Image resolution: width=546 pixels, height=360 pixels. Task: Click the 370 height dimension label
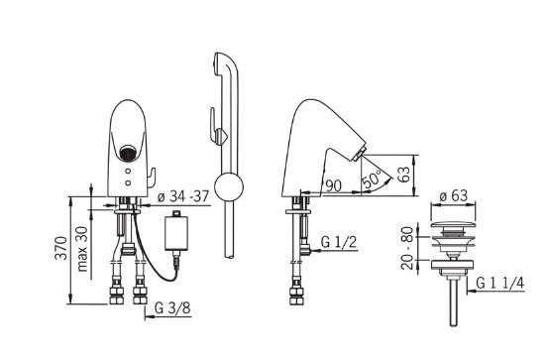pyautogui.click(x=61, y=248)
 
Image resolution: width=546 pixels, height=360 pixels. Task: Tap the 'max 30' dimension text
pyautogui.click(x=82, y=249)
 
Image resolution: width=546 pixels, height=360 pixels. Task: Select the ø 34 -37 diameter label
pyautogui.click(x=182, y=197)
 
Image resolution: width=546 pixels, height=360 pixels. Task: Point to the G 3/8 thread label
pyautogui.click(x=172, y=308)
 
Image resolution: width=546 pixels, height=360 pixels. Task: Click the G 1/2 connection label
pyautogui.click(x=339, y=242)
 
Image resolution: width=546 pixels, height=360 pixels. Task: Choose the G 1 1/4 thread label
pyautogui.click(x=500, y=283)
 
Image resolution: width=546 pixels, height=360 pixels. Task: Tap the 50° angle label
pyautogui.click(x=372, y=179)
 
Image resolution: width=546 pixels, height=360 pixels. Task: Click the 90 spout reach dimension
pyautogui.click(x=333, y=185)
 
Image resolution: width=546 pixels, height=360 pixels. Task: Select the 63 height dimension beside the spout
pyautogui.click(x=405, y=175)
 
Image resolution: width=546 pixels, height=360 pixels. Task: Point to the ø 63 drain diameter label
pyautogui.click(x=453, y=195)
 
